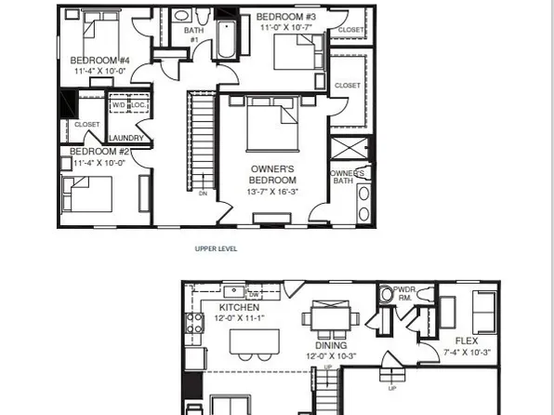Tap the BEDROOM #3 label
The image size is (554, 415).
pos(287,18)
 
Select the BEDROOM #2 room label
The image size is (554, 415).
pos(98,152)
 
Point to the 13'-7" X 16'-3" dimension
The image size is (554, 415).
pos(273,192)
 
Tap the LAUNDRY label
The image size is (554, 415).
pos(125,139)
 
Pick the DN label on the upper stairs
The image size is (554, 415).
pos(203,194)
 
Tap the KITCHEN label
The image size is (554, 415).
pos(240,308)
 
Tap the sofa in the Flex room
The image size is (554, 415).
pos(484,309)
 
